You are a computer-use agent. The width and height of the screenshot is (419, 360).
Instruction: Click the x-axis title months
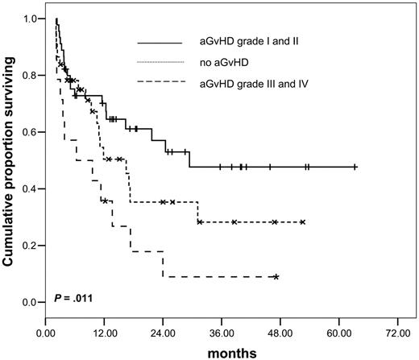coord(233,352)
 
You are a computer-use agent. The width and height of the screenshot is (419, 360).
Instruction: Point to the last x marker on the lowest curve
coord(276,276)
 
